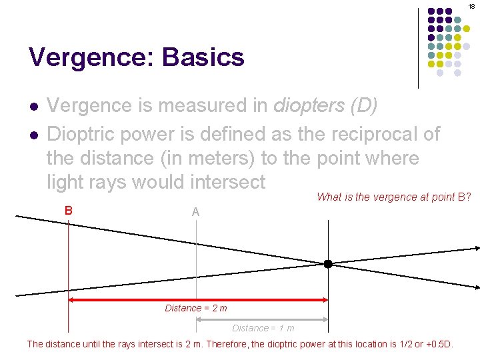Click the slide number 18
click(471, 5)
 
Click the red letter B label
click(68, 210)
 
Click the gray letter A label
click(195, 212)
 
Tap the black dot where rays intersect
click(328, 264)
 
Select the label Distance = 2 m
click(196, 308)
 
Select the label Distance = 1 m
click(263, 328)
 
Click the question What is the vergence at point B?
click(394, 197)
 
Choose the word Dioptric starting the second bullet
click(89, 134)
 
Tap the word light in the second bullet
click(67, 181)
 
